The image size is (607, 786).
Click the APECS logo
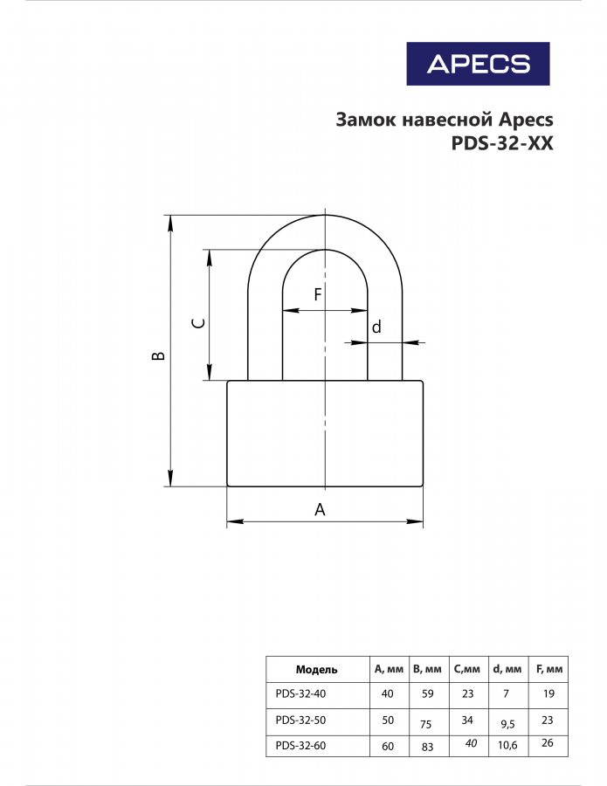click(479, 64)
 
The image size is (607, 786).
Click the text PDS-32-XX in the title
click(502, 143)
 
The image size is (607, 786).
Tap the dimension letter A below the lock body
click(320, 509)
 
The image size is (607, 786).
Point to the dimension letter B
click(158, 355)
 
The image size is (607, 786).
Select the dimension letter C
click(198, 323)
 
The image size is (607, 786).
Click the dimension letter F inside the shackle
click(317, 294)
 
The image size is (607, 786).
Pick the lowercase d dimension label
click(376, 327)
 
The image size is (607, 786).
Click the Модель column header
click(316, 669)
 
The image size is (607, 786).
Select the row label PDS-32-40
click(300, 693)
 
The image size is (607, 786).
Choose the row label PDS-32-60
click(300, 746)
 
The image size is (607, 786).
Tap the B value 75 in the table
click(425, 724)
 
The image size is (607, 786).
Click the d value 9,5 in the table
click(507, 724)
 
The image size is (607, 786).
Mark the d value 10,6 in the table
click(507, 746)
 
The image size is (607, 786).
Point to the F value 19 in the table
click(548, 693)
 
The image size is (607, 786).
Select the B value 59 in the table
click(427, 693)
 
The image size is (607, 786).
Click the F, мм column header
click(549, 669)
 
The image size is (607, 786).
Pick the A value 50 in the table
click(388, 720)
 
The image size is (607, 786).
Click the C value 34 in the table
click(467, 720)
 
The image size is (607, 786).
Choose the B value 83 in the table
click(427, 747)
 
